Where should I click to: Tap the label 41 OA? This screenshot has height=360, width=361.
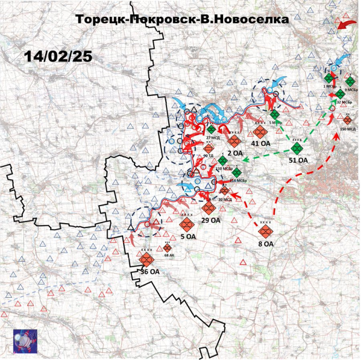pyautogui.click(x=261, y=144)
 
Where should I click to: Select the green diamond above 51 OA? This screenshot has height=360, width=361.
pyautogui.click(x=297, y=148)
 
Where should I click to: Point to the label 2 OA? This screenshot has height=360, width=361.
pyautogui.click(x=235, y=154)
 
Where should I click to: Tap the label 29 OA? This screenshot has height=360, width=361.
pyautogui.click(x=210, y=220)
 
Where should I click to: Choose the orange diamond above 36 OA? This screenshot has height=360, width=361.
pyautogui.click(x=146, y=259)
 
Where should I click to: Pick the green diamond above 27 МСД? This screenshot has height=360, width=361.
pyautogui.click(x=211, y=129)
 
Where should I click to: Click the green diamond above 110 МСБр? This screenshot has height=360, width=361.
pyautogui.click(x=222, y=161)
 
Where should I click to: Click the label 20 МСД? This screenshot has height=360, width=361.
pyautogui.click(x=225, y=199)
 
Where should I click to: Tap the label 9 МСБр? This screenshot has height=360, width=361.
pyautogui.click(x=351, y=89)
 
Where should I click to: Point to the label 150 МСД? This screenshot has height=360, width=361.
pyautogui.click(x=347, y=129)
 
